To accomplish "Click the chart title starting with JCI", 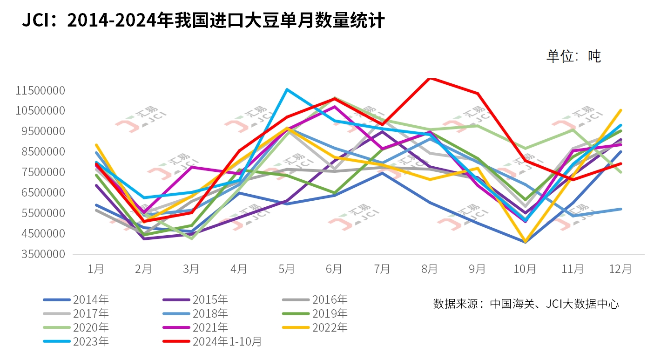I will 203,21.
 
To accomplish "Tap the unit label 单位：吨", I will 573,56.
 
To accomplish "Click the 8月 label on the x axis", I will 430,269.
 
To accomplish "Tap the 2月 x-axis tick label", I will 143,269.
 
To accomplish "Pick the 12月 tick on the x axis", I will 620,269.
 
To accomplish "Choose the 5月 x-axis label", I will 287,269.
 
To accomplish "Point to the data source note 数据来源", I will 526,304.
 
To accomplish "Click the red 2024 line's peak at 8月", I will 430,78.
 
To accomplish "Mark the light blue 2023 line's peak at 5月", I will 287,89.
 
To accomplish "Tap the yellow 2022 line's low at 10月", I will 525,242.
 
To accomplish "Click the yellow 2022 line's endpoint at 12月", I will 620,110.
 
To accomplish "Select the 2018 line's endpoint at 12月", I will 620,209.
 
